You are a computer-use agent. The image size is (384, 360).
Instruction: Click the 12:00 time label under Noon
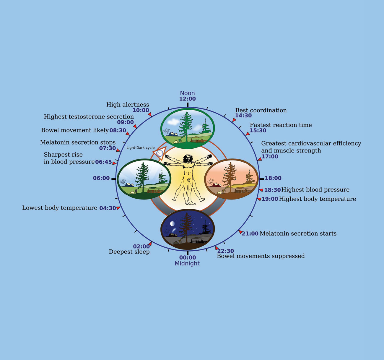(x=187, y=99)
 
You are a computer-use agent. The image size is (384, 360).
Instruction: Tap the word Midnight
(x=187, y=263)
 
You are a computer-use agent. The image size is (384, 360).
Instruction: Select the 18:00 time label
(x=273, y=178)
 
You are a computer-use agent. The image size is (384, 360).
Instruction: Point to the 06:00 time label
(x=101, y=178)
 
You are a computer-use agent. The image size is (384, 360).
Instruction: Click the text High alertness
(x=128, y=105)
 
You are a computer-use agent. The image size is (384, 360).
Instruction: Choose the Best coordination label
(x=261, y=110)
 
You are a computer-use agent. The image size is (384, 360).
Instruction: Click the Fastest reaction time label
(x=281, y=125)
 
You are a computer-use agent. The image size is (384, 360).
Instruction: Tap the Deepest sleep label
(x=129, y=252)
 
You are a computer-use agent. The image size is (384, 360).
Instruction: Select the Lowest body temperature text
(x=60, y=208)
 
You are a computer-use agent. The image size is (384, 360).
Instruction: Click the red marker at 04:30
(x=118, y=208)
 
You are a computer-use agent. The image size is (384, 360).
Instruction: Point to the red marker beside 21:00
(x=240, y=232)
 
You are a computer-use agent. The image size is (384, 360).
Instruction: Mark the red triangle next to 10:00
(x=150, y=114)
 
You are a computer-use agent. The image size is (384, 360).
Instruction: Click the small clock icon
(x=160, y=153)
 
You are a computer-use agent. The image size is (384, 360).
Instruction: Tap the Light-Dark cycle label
(x=140, y=148)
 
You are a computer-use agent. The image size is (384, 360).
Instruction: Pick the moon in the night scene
(x=172, y=224)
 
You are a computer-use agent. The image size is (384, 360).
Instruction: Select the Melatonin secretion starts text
(x=298, y=233)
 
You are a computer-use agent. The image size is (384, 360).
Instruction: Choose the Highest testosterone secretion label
(x=89, y=117)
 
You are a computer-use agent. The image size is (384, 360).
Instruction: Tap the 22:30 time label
(x=226, y=251)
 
